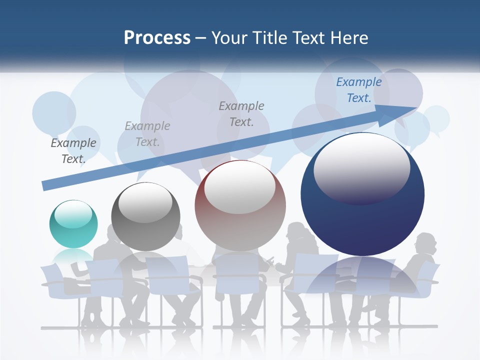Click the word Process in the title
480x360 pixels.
click(x=157, y=38)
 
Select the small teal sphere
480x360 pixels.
click(x=73, y=224)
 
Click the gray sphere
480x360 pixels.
click(x=145, y=217)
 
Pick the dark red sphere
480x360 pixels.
click(x=240, y=206)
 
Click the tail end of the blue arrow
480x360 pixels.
click(x=44, y=186)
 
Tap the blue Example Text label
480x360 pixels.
click(x=359, y=90)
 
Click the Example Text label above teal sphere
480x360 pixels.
click(x=73, y=151)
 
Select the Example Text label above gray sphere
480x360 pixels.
click(x=147, y=134)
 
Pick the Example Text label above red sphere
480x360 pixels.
click(x=241, y=113)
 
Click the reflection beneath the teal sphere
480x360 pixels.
click(x=73, y=258)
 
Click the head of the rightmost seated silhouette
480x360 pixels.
click(x=426, y=243)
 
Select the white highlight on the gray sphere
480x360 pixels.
click(x=145, y=202)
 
